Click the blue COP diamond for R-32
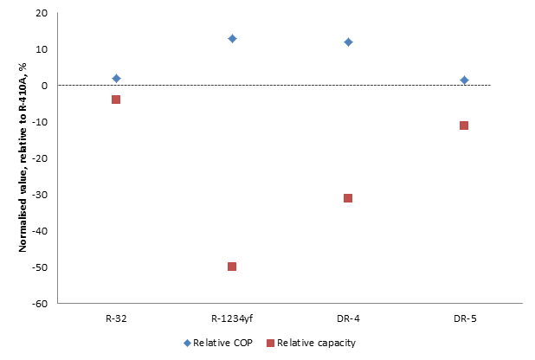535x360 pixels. (x=116, y=79)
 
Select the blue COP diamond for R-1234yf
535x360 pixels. (x=232, y=39)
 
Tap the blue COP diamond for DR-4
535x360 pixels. (x=348, y=42)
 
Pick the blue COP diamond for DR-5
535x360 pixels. (x=464, y=80)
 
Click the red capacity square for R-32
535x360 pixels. (x=116, y=100)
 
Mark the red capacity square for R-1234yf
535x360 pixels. (x=232, y=267)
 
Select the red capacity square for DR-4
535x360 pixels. (x=348, y=198)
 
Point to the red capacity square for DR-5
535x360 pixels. (x=464, y=125)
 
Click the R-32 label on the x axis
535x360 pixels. (x=116, y=318)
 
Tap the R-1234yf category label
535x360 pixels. (x=232, y=318)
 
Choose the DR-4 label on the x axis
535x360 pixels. (x=348, y=318)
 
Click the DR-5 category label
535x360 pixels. (x=464, y=318)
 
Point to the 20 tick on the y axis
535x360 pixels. (x=42, y=14)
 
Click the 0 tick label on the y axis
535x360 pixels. (x=44, y=86)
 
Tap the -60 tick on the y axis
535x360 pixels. (x=40, y=304)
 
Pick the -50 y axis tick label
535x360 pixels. (x=40, y=267)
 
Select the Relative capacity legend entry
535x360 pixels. (x=310, y=343)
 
